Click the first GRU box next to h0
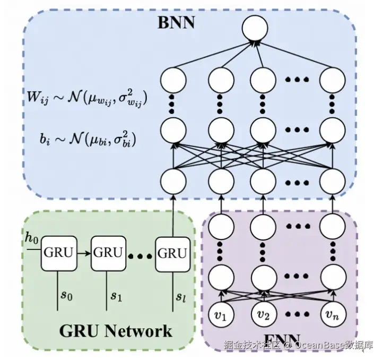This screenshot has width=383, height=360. point(58,252)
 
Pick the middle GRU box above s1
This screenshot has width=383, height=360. point(108,252)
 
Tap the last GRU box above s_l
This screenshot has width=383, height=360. point(172,253)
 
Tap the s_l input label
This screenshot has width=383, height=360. point(181,295)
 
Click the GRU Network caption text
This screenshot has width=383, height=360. point(115,331)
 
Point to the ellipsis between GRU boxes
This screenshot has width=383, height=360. point(140,256)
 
